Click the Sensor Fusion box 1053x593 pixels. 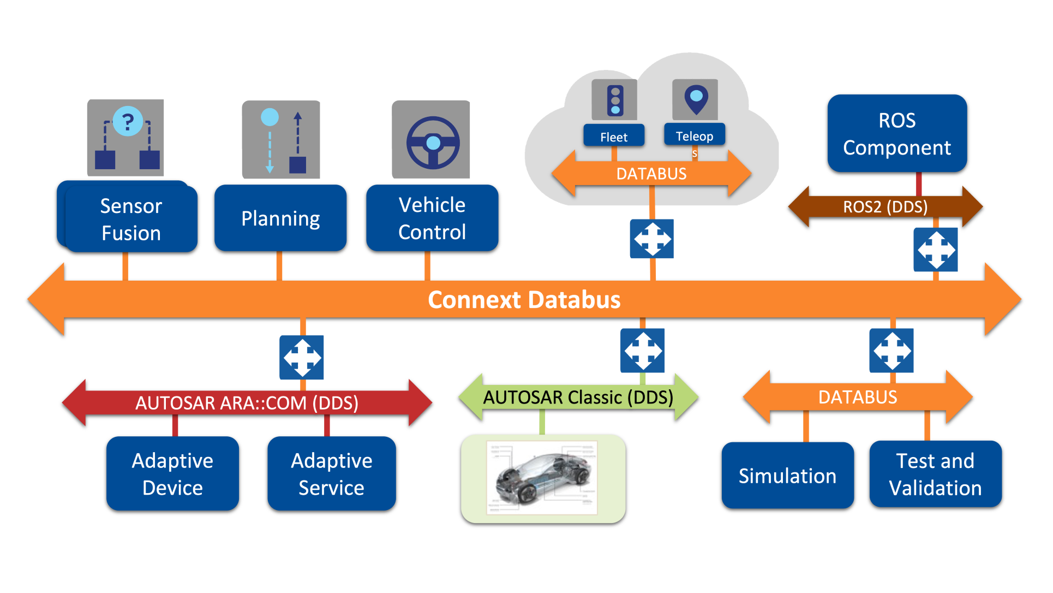[131, 219]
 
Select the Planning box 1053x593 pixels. [280, 218]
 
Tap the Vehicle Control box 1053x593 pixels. [432, 218]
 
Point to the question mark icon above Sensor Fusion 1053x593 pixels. [128, 121]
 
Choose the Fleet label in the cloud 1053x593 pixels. [614, 137]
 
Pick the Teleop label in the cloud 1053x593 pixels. [695, 136]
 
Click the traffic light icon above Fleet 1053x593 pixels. [615, 100]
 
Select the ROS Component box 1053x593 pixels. [897, 134]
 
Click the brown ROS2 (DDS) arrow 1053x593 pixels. [885, 207]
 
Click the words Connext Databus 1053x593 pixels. [524, 300]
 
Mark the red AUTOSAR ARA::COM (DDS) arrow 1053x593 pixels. [247, 403]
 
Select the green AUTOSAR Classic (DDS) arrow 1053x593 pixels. [578, 397]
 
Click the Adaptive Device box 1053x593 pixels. [172, 473]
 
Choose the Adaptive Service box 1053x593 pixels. [332, 473]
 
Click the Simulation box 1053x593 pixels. [787, 476]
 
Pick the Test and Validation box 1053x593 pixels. [935, 474]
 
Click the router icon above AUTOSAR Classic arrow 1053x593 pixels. [643, 351]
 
